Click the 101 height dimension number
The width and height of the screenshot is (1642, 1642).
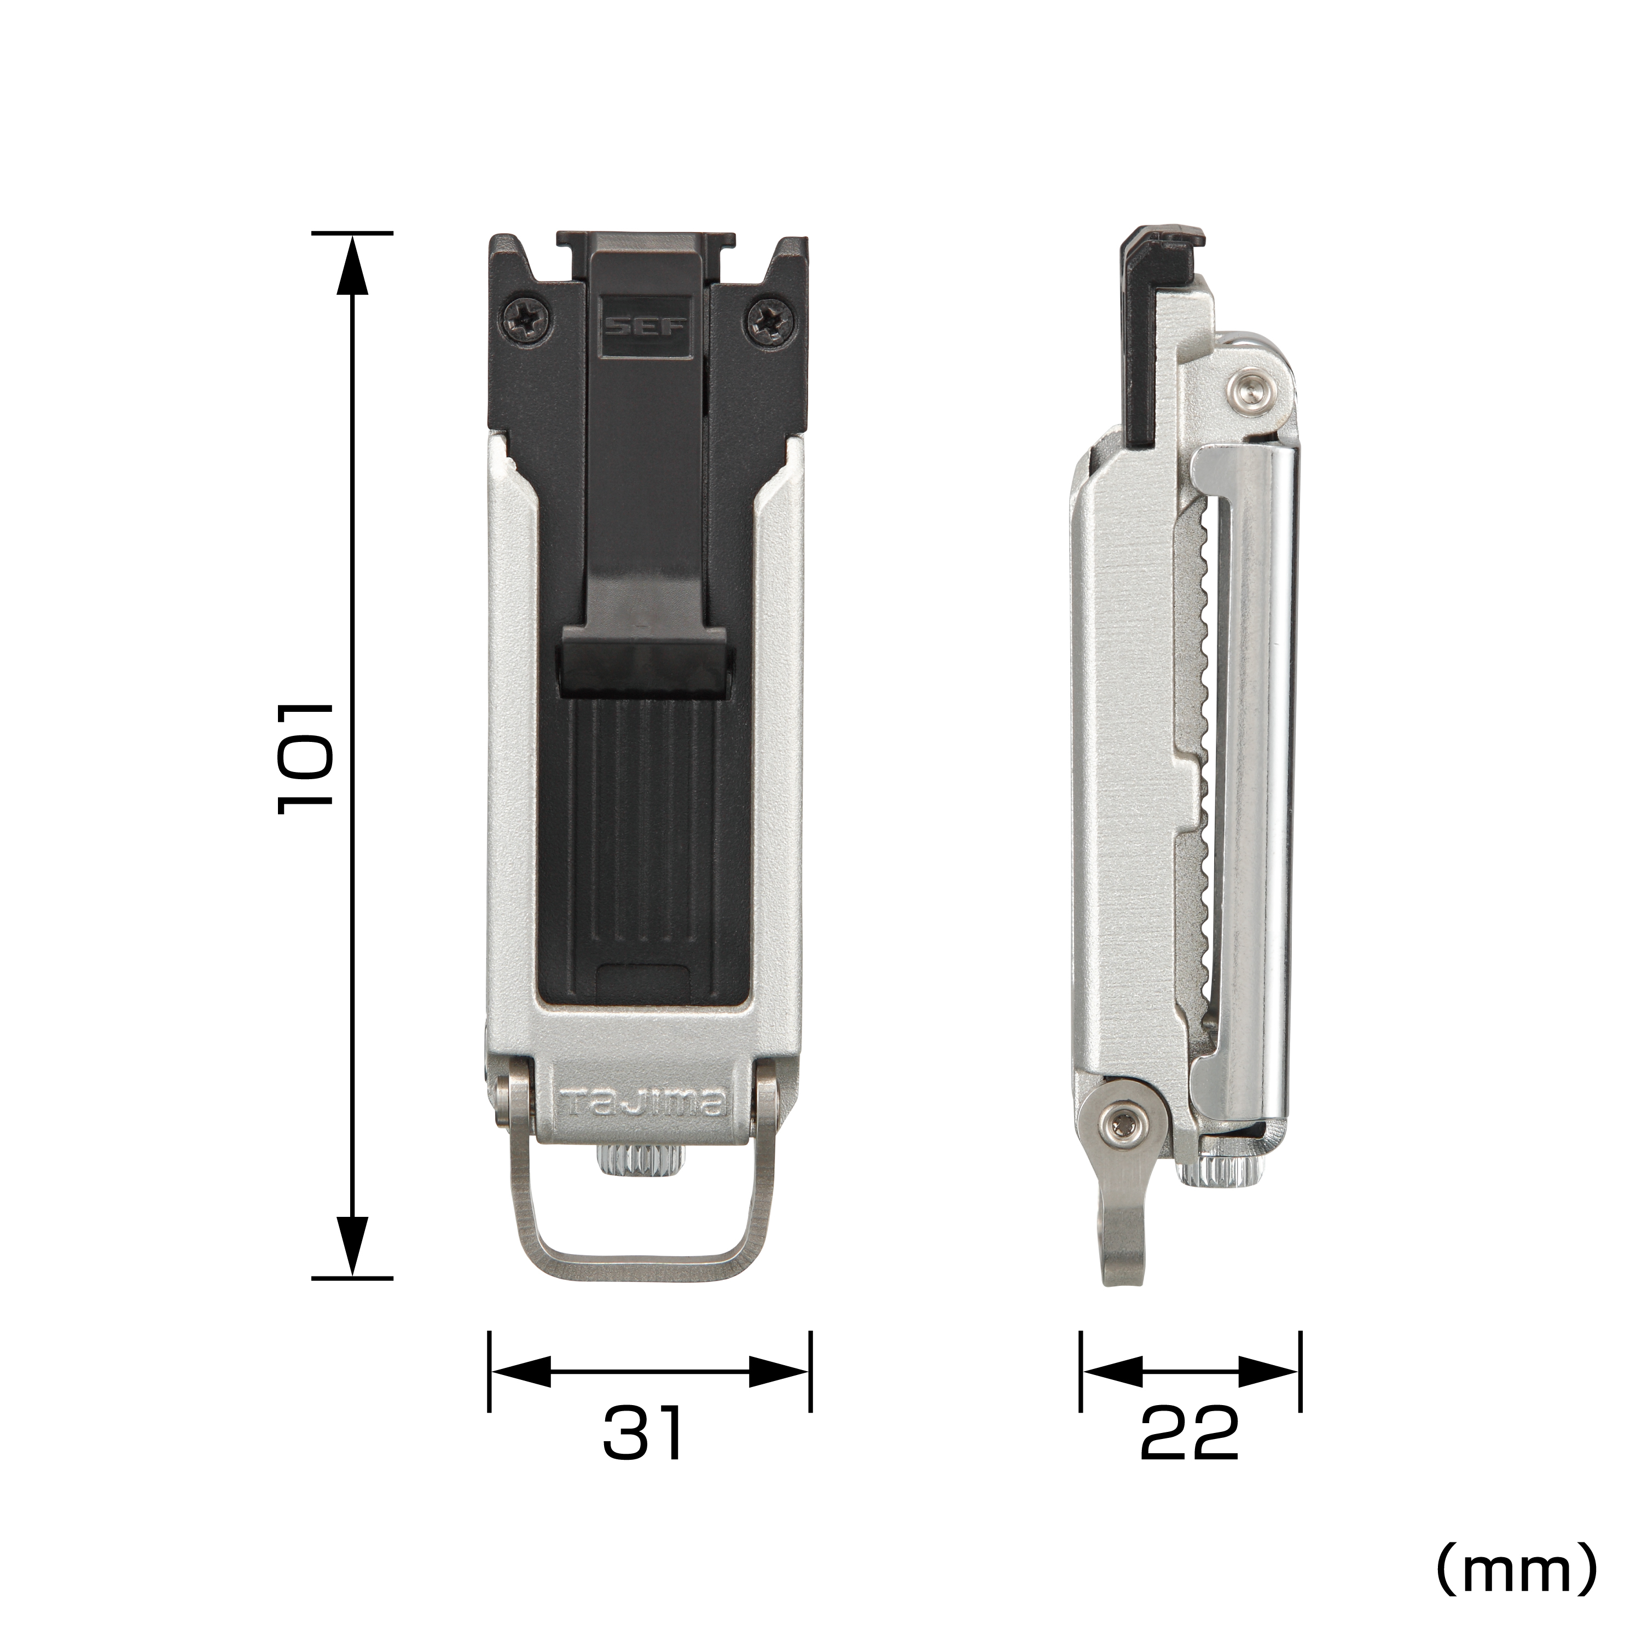[304, 758]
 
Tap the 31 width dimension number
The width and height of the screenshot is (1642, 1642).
[642, 1433]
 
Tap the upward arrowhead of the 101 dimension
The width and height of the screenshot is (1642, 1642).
[352, 264]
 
